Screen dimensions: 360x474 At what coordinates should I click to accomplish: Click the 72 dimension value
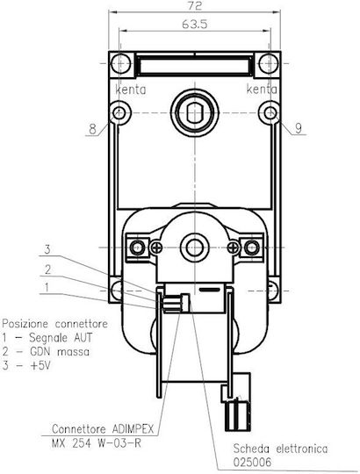194,5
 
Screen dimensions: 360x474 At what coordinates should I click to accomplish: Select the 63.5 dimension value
195,25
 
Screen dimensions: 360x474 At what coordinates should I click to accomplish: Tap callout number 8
92,129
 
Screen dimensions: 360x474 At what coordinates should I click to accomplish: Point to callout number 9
299,128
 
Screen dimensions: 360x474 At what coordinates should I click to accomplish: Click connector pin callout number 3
47,249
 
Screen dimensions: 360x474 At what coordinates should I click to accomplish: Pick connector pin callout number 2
47,269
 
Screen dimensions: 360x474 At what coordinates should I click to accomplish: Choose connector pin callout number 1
47,287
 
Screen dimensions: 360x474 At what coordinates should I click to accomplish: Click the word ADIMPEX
133,428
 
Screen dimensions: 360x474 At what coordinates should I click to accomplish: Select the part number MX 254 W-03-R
97,443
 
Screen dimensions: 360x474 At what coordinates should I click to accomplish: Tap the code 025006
252,462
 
